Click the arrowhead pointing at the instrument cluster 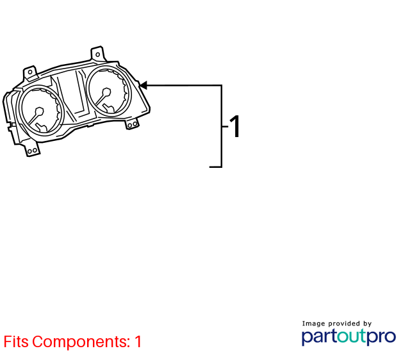click(143, 85)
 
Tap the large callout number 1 click(235, 126)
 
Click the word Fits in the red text click(16, 341)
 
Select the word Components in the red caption click(81, 342)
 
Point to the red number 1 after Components click(138, 341)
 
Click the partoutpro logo click(348, 337)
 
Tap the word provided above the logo click(344, 323)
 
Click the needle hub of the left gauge click(39, 111)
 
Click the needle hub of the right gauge click(106, 92)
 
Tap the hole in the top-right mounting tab click(97, 54)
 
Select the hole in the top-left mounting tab click(30, 72)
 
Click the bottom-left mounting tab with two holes click(32, 149)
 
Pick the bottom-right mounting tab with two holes click(132, 124)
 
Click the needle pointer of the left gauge click(33, 119)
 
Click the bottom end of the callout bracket click(210, 167)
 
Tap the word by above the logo click(367, 324)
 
